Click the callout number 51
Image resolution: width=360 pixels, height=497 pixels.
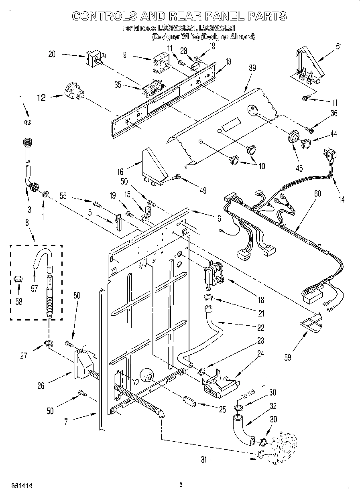(x=339, y=46)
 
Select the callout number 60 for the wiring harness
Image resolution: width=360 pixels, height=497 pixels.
(x=317, y=194)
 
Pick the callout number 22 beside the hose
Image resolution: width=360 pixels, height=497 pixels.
(x=261, y=328)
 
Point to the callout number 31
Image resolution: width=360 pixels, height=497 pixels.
(x=204, y=460)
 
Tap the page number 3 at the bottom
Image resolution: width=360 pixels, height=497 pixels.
(x=181, y=485)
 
